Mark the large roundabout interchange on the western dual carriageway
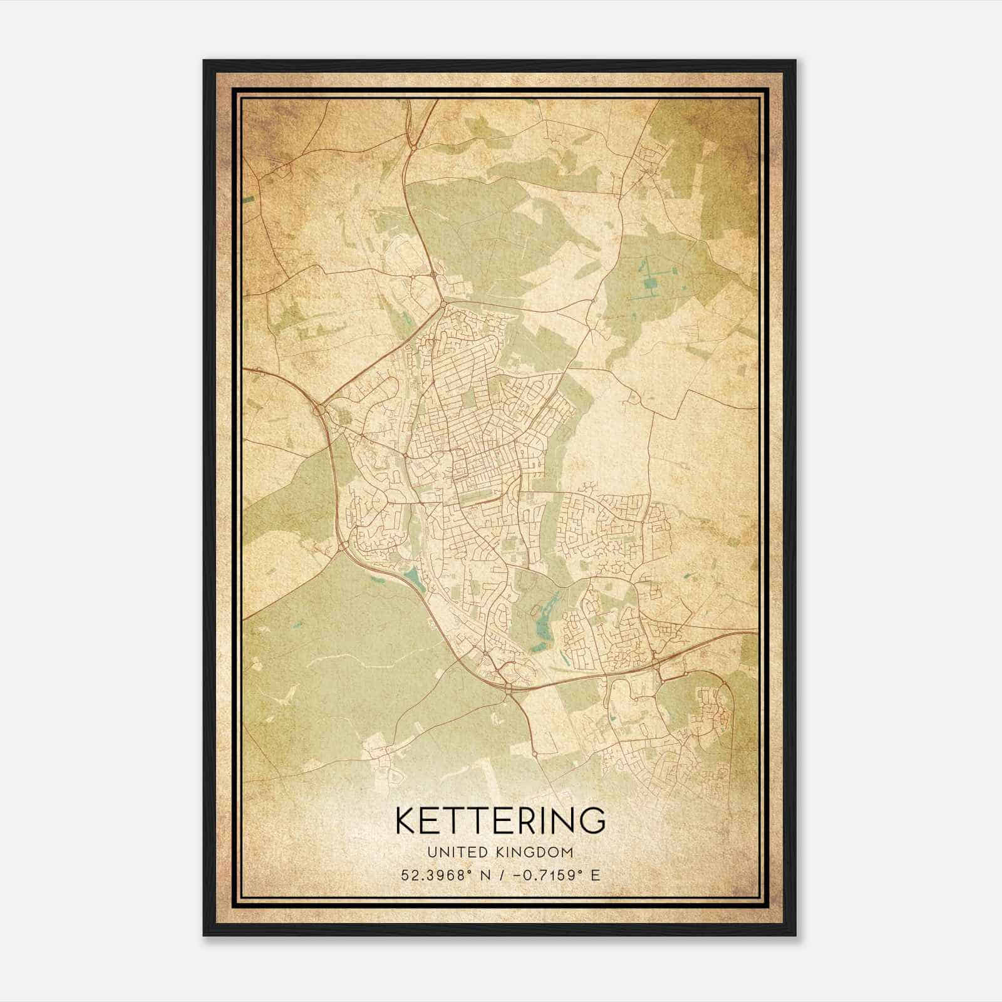[x=321, y=410]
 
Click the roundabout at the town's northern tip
[x=443, y=304]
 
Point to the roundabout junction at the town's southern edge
[x=507, y=688]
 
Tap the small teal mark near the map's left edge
[x=249, y=199]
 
